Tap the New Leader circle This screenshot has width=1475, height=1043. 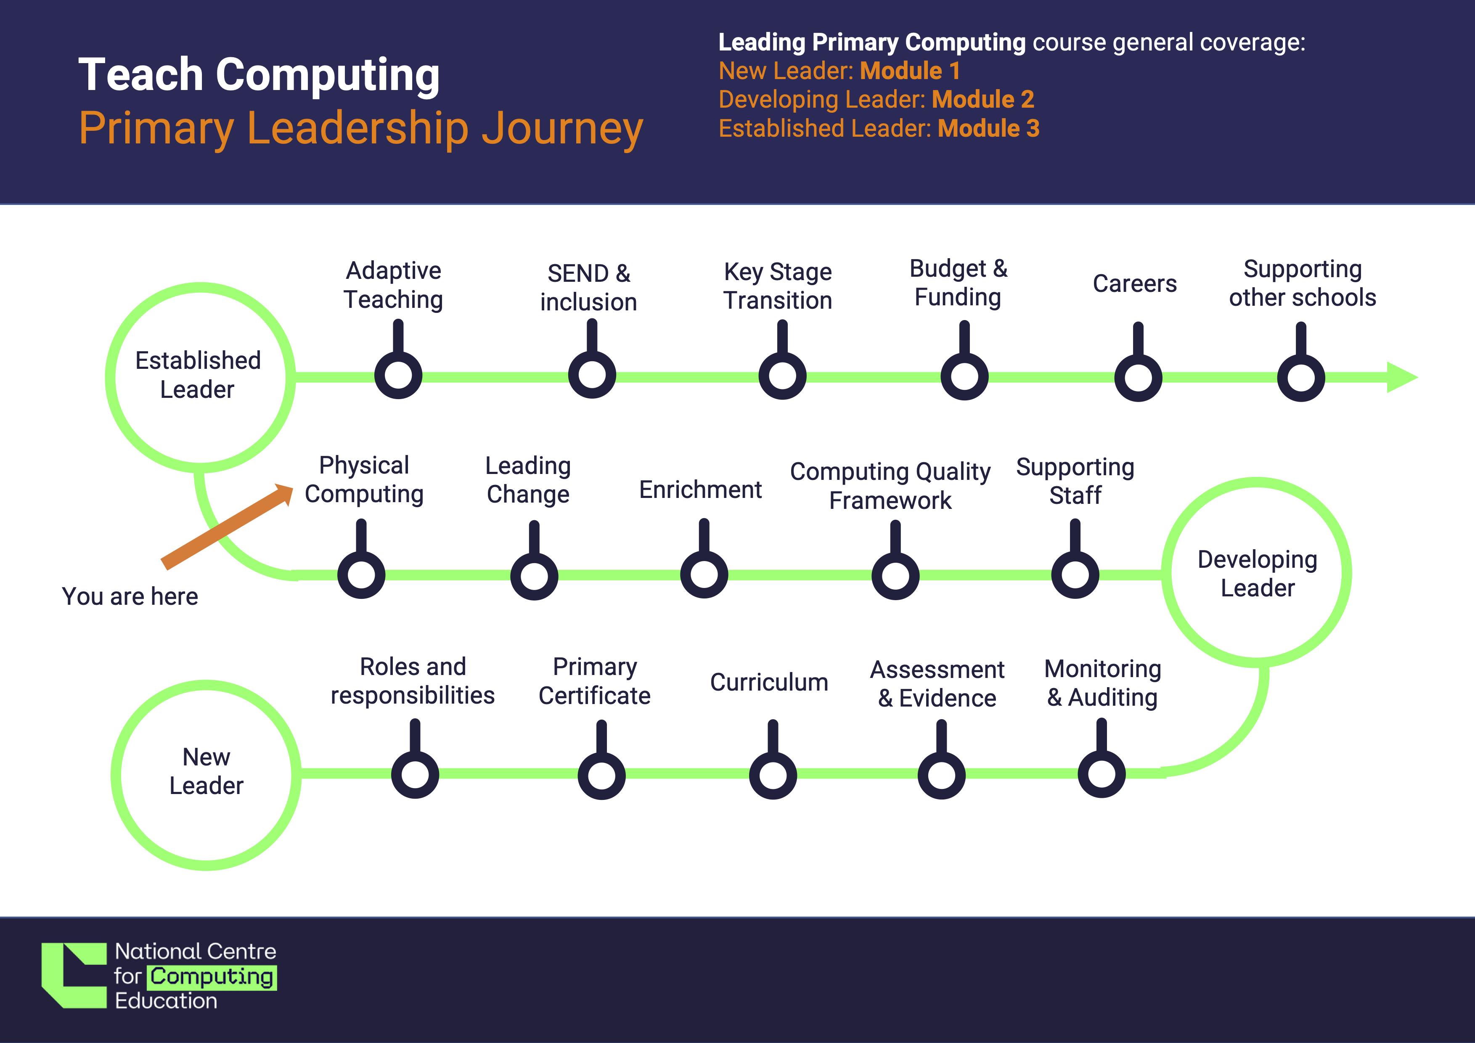[206, 774]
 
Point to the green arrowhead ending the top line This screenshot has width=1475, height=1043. [1401, 377]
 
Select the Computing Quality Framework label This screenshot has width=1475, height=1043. [890, 485]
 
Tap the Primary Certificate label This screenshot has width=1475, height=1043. [594, 681]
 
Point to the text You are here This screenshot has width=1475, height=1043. [130, 597]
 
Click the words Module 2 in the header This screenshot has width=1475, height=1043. [983, 100]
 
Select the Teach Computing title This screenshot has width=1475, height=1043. [259, 74]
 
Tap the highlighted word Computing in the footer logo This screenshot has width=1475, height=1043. [212, 977]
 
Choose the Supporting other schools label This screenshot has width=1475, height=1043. [1302, 283]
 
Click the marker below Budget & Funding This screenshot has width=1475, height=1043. [964, 376]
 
